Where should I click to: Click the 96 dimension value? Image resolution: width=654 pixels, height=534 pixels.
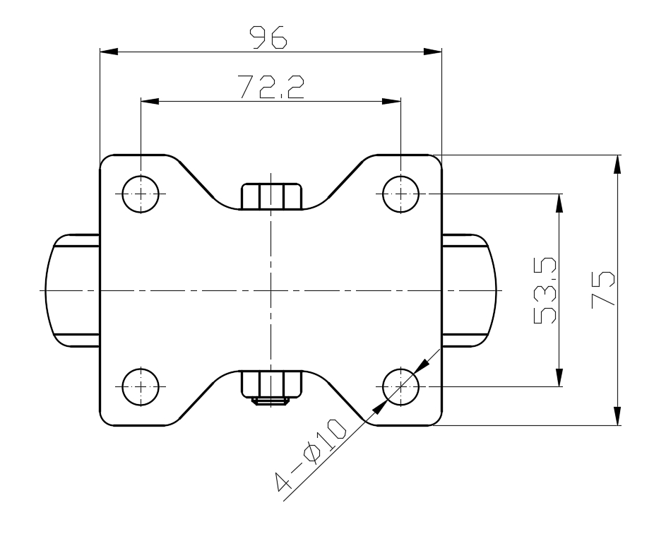pyautogui.click(x=268, y=37)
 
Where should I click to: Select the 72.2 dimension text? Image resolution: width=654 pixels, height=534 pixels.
pyautogui.click(x=270, y=87)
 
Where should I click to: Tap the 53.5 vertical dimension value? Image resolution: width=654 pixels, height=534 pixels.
pyautogui.click(x=545, y=291)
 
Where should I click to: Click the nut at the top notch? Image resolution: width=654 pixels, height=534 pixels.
pyautogui.click(x=271, y=196)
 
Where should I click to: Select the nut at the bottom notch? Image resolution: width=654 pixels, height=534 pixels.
pyautogui.click(x=271, y=384)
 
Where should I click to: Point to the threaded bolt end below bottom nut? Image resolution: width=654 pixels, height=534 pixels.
pyautogui.click(x=271, y=401)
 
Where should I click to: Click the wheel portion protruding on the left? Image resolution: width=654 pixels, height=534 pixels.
pyautogui.click(x=72, y=290)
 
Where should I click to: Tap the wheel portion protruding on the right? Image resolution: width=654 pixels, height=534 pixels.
pyautogui.click(x=469, y=290)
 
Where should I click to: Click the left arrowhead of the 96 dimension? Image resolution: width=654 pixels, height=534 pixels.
pyautogui.click(x=109, y=52)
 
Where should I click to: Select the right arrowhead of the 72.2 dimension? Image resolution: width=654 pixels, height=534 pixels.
pyautogui.click(x=391, y=101)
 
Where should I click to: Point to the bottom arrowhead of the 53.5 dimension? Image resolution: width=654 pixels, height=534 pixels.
pyautogui.click(x=560, y=378)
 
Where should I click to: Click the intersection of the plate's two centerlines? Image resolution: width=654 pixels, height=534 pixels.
pyautogui.click(x=271, y=290)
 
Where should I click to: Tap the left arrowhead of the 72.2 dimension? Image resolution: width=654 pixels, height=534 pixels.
pyautogui.click(x=150, y=101)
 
